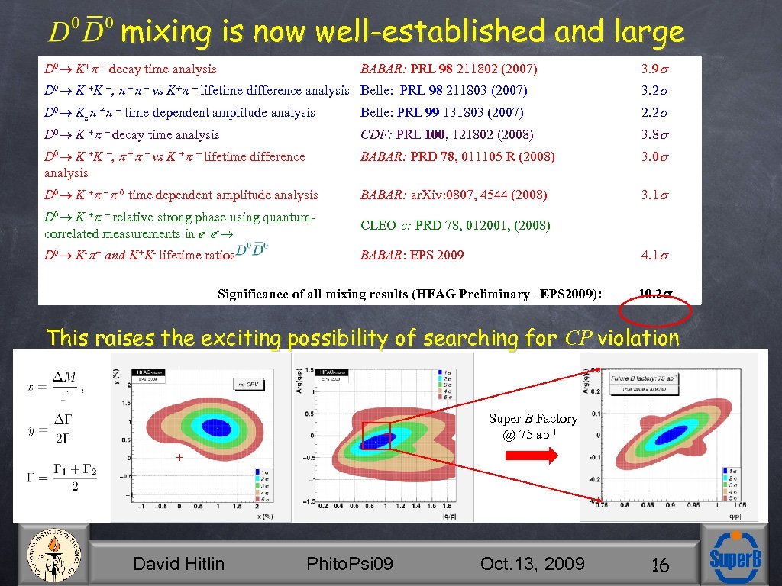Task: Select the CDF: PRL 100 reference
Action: pyautogui.click(x=447, y=135)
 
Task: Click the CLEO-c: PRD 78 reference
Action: pyautogui.click(x=455, y=225)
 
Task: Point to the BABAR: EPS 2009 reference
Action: pyautogui.click(x=412, y=255)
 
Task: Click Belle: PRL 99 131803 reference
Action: pyautogui.click(x=441, y=113)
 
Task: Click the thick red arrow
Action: pyautogui.click(x=532, y=456)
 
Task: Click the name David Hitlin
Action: pyautogui.click(x=179, y=564)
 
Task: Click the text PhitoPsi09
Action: pyautogui.click(x=349, y=564)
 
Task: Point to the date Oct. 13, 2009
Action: pyautogui.click(x=532, y=564)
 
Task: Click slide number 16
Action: pyautogui.click(x=661, y=565)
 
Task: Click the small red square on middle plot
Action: pyautogui.click(x=376, y=436)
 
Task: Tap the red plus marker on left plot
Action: pyautogui.click(x=179, y=458)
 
